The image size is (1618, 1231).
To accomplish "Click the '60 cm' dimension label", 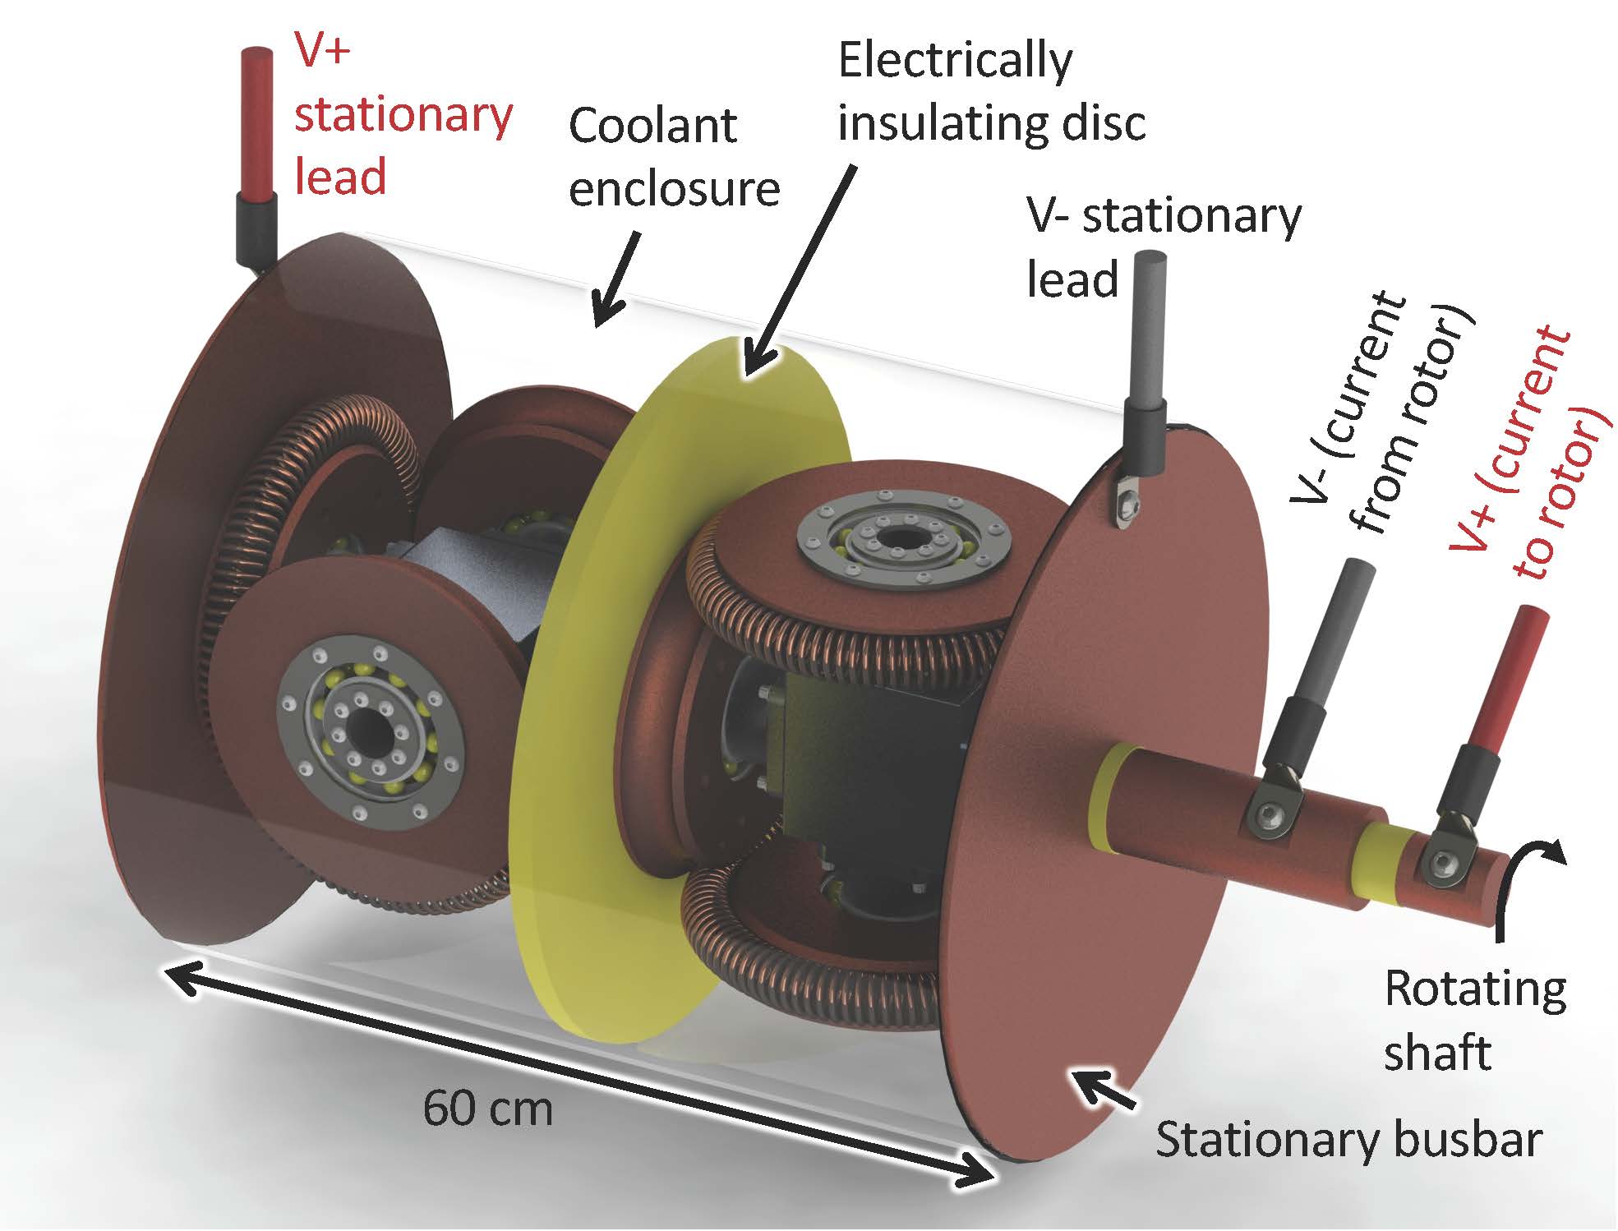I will (x=488, y=1109).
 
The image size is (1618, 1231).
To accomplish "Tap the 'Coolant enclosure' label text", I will (x=674, y=158).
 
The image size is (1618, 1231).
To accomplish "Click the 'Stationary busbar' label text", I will (x=1348, y=1140).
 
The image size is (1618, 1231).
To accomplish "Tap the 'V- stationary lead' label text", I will (x=1163, y=247).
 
